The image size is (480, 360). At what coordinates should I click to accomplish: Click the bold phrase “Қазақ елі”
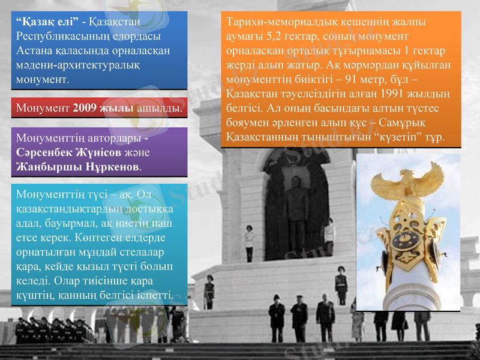tap(47, 22)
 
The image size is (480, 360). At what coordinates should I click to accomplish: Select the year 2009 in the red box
tap(86, 109)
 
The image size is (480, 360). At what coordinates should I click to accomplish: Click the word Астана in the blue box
tap(36, 50)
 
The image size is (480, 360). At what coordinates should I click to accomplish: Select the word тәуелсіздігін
tap(311, 94)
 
